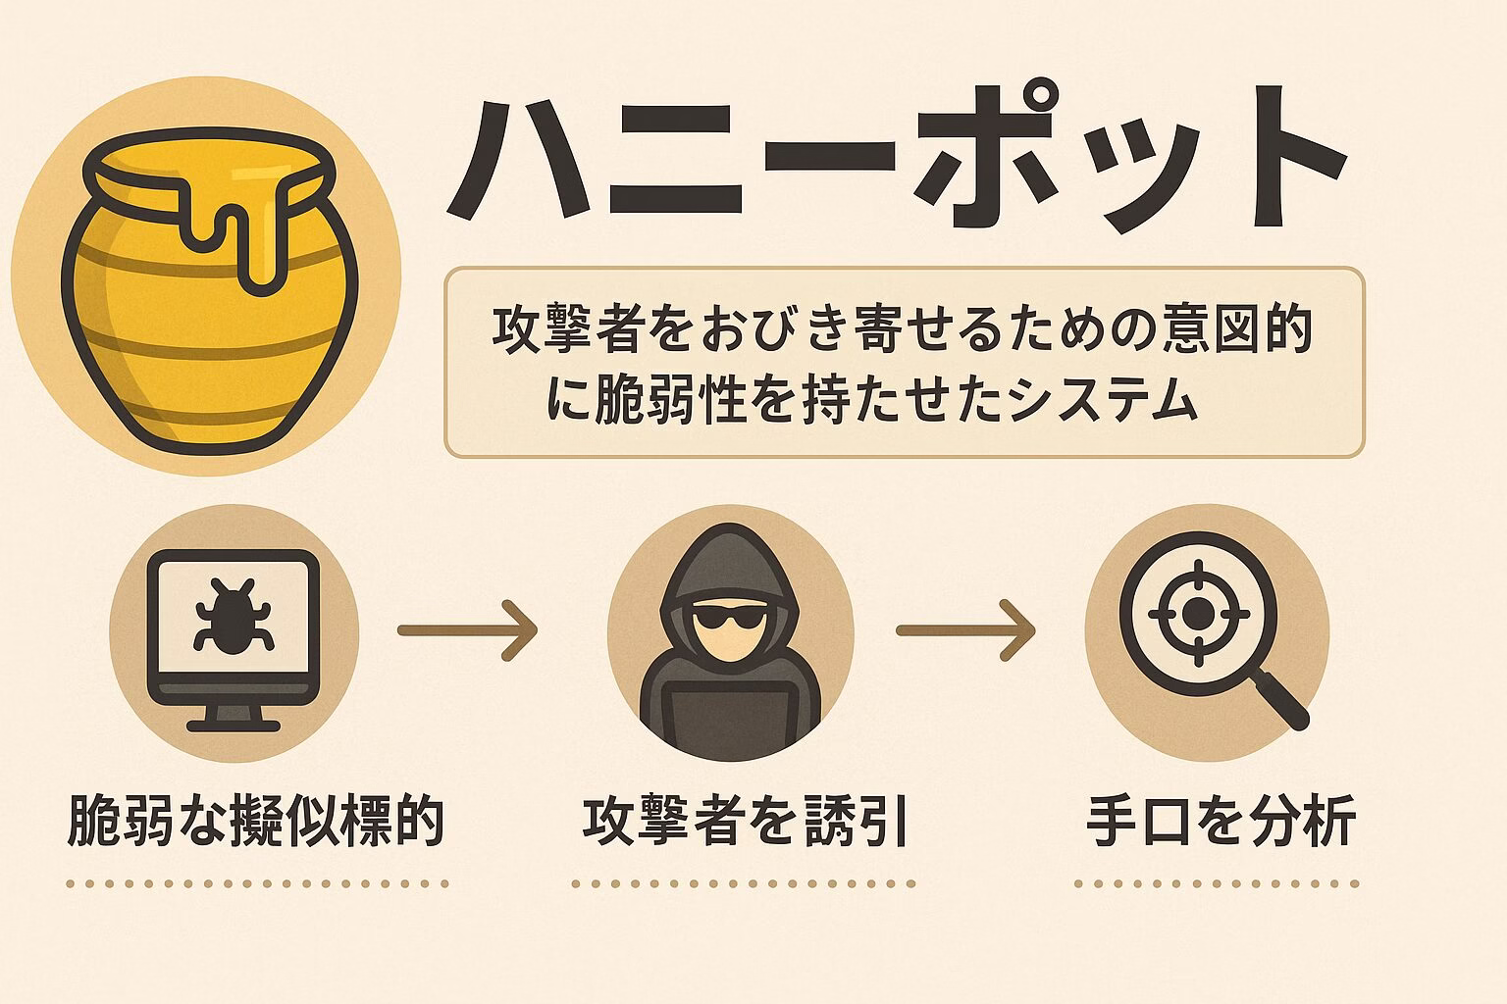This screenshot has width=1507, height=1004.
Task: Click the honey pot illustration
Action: pos(209,290)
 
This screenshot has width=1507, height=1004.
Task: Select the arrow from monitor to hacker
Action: pos(468,630)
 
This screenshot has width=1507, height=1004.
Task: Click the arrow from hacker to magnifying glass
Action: pos(965,630)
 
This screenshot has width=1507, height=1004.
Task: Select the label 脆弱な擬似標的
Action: pos(255,821)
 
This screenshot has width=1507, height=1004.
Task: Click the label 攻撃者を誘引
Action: pos(745,821)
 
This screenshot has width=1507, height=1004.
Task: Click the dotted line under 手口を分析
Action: pos(1217,884)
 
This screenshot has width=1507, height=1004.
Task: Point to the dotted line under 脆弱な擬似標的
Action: pos(258,884)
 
